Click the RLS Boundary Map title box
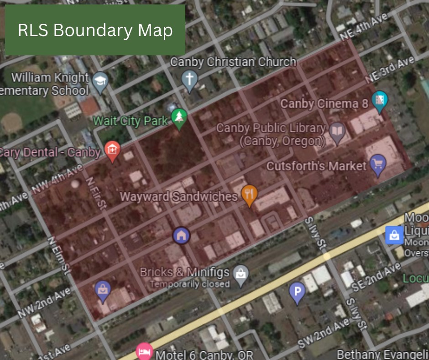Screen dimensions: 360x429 (x=95, y=30)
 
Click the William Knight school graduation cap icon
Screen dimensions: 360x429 (x=99, y=81)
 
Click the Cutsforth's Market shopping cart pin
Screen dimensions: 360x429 (x=378, y=164)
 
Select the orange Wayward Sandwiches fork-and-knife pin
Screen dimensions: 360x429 (x=249, y=195)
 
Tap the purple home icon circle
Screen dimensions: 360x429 (x=181, y=236)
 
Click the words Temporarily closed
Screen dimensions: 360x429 (x=189, y=284)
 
